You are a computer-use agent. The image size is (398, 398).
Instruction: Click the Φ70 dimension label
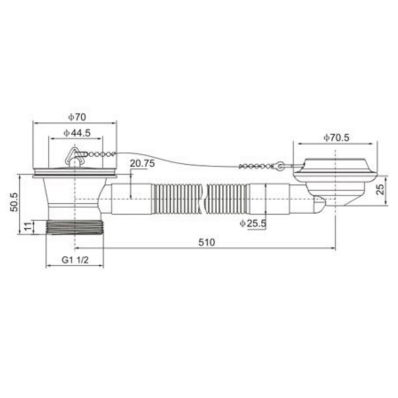click(77, 117)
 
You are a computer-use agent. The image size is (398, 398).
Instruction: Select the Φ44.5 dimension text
click(77, 133)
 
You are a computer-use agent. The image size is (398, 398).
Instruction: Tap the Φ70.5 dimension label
click(336, 138)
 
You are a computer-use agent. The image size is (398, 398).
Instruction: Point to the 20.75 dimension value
click(142, 163)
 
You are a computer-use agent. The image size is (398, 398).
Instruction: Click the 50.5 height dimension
click(14, 202)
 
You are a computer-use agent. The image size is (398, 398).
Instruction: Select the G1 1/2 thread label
click(75, 260)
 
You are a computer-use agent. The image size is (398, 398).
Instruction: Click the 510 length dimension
click(207, 242)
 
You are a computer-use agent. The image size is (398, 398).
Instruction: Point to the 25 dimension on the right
click(380, 189)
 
